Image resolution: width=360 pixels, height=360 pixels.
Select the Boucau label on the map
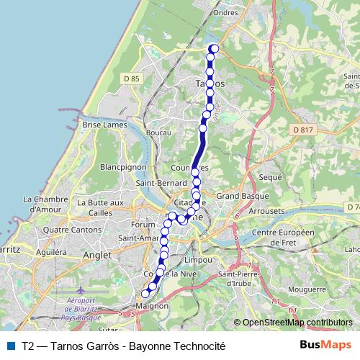point(158,132)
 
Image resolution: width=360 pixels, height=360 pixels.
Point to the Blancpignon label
point(123,166)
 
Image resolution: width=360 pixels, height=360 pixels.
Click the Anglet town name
point(97,255)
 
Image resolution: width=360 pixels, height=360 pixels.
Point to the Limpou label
point(199,260)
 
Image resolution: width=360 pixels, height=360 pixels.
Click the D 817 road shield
point(305,130)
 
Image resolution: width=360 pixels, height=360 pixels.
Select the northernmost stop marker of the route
point(212,49)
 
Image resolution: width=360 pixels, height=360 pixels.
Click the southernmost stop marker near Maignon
point(145,293)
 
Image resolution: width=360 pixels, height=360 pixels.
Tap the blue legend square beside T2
point(11,346)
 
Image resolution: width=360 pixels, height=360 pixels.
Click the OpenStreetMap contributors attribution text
point(297,323)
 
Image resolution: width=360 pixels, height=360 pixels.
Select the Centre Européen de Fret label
point(284,238)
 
